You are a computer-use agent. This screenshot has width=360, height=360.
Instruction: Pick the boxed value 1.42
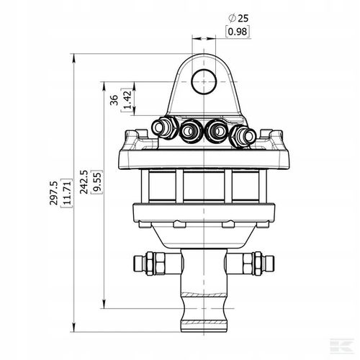pyautogui.click(x=127, y=102)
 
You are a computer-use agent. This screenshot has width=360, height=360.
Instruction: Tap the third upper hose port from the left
pyautogui.click(x=216, y=131)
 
